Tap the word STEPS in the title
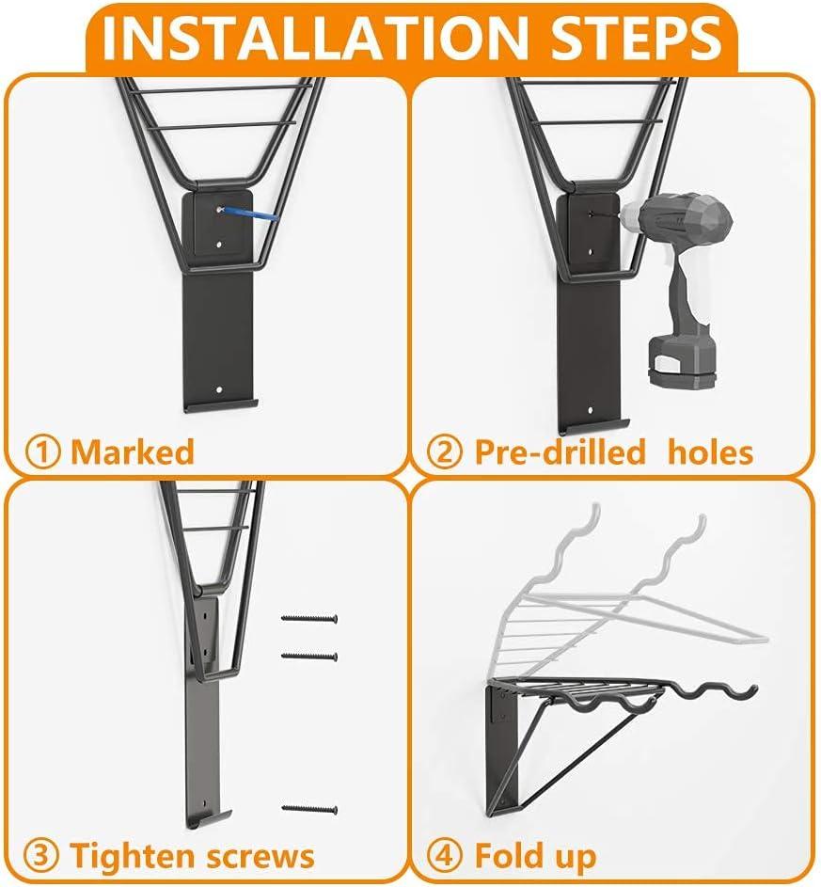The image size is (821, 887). pyautogui.click(x=637, y=38)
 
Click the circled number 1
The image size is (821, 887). pyautogui.click(x=42, y=452)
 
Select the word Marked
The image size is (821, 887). pyautogui.click(x=133, y=451)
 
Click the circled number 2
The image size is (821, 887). pyautogui.click(x=445, y=452)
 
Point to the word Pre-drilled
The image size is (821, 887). pyautogui.click(x=560, y=451)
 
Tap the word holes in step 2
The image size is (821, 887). pyautogui.click(x=710, y=451)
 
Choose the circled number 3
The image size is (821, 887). pyautogui.click(x=41, y=855)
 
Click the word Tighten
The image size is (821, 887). pyautogui.click(x=133, y=855)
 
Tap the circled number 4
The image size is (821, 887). pyautogui.click(x=445, y=855)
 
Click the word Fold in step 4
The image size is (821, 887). pyautogui.click(x=511, y=854)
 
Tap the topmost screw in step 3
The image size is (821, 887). pyautogui.click(x=309, y=618)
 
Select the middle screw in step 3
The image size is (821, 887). pyautogui.click(x=309, y=657)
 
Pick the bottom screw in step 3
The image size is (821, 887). pyautogui.click(x=309, y=809)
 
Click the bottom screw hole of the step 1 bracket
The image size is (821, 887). pyautogui.click(x=219, y=389)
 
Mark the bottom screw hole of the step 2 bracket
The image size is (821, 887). pyautogui.click(x=591, y=409)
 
